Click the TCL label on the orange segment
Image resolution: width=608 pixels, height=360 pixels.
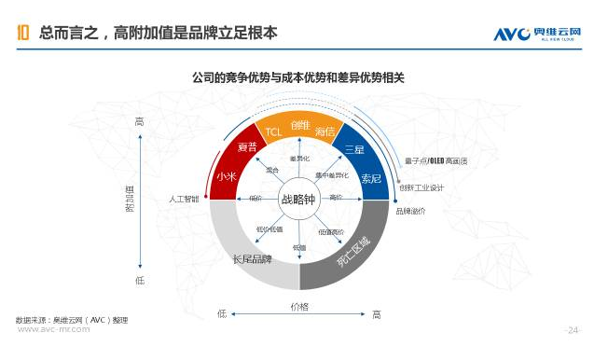pyautogui.click(x=273, y=132)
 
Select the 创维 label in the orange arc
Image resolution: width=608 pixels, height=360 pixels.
pyautogui.click(x=299, y=125)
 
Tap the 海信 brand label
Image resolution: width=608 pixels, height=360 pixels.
pyautogui.click(x=325, y=132)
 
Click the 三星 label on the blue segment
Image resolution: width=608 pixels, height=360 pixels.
pyautogui.click(x=353, y=149)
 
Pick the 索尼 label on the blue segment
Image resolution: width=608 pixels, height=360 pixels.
pyautogui.click(x=370, y=177)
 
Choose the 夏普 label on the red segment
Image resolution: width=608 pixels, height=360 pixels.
pyautogui.click(x=246, y=147)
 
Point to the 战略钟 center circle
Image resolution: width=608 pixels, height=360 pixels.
pyautogui.click(x=299, y=198)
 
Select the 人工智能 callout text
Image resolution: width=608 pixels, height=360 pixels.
pyautogui.click(x=184, y=199)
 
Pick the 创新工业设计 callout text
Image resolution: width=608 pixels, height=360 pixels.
pyautogui.click(x=421, y=187)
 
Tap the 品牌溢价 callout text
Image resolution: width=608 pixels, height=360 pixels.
pyautogui.click(x=410, y=211)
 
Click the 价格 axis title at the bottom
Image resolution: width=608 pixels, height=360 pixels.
pyautogui.click(x=299, y=306)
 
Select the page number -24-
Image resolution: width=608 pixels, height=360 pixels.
pyautogui.click(x=573, y=330)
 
